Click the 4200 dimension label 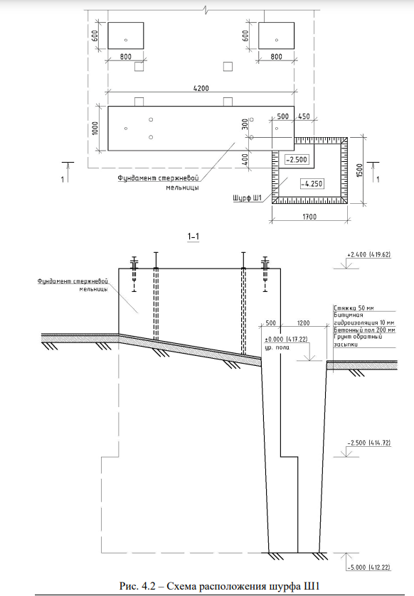(x=201, y=88)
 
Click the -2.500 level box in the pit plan (x=297, y=160)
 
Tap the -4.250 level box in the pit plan (x=312, y=183)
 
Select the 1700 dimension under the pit (x=309, y=217)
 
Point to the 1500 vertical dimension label (x=360, y=170)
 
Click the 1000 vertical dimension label (x=95, y=128)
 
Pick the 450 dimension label (x=304, y=117)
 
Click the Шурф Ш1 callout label (x=247, y=198)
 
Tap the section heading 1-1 (x=193, y=237)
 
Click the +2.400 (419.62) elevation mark (x=368, y=255)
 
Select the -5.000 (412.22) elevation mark (x=369, y=568)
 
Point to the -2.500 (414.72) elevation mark (x=369, y=443)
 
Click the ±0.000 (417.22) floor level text (x=286, y=339)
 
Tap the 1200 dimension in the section (x=303, y=323)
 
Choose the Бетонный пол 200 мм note (x=364, y=330)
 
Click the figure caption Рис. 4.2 (x=222, y=585)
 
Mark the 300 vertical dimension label (x=245, y=124)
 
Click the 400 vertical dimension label (x=245, y=159)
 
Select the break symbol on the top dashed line (x=206, y=9)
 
